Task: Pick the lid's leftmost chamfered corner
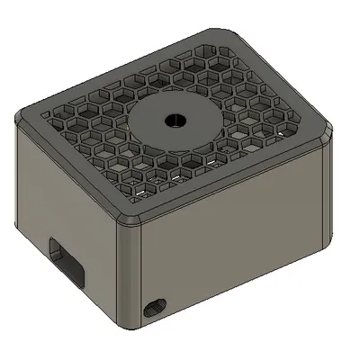22,117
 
